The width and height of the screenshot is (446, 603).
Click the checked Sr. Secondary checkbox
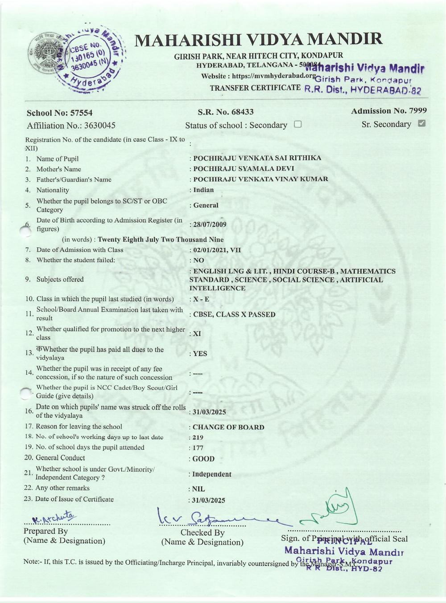tap(421, 123)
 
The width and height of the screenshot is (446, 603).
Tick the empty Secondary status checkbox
tap(298, 125)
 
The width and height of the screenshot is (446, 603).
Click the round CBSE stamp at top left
tap(76, 58)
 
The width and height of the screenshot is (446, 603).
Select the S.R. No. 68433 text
tap(226, 112)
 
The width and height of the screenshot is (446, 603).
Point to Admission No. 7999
tap(388, 111)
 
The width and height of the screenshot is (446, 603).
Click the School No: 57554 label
tap(60, 113)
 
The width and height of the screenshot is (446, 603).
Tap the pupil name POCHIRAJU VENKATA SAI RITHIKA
tap(257, 158)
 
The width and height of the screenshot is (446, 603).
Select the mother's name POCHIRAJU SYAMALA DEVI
tap(244, 169)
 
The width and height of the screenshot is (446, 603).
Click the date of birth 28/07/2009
tap(210, 225)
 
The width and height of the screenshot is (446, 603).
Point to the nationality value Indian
tap(203, 190)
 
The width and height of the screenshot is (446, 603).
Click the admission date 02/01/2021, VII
tap(217, 250)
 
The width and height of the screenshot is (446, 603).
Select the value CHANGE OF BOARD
tap(228, 427)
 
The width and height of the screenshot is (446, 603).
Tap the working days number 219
tap(198, 438)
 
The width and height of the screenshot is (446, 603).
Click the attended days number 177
tap(198, 448)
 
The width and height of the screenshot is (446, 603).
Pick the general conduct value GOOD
tap(203, 459)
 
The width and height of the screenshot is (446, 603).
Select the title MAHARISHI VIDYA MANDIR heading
tap(258, 40)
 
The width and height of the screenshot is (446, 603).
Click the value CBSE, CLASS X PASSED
tap(234, 314)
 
